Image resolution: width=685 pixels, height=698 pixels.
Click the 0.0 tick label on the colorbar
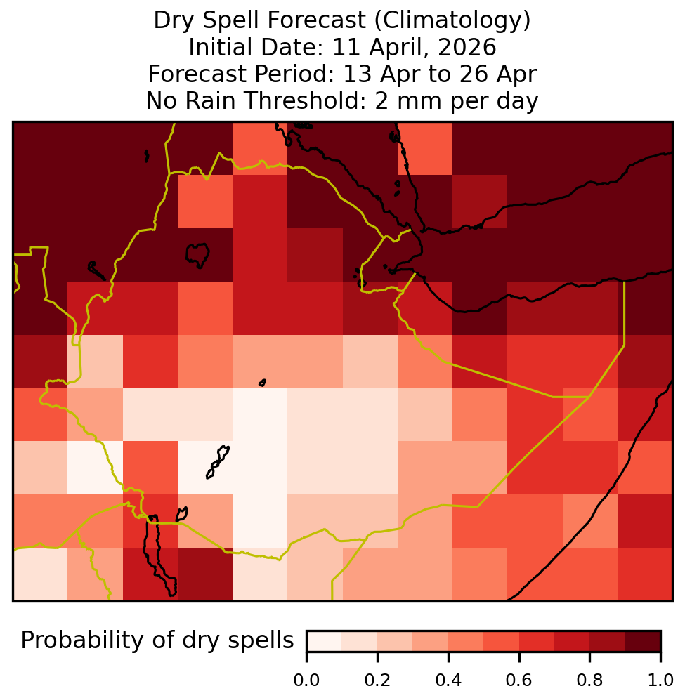coord(306,680)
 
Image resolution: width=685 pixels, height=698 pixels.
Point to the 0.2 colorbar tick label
coord(377,680)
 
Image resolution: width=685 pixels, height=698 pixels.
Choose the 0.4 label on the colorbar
coord(448,680)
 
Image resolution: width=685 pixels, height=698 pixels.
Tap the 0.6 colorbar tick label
coord(519,680)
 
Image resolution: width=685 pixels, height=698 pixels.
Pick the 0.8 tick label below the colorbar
coord(589,680)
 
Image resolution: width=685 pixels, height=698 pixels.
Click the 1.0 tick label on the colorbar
coord(660,680)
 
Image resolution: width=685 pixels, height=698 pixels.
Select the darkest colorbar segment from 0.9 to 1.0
coord(643,641)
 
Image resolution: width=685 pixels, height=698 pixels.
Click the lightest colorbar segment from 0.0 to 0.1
coord(325,641)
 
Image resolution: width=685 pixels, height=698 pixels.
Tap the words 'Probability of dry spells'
coord(157,641)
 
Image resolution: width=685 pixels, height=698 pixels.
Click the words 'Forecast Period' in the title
coord(241,74)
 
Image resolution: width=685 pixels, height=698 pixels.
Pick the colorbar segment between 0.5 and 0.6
coord(501,641)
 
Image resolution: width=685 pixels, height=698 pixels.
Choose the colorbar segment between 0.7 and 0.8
coord(572,641)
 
